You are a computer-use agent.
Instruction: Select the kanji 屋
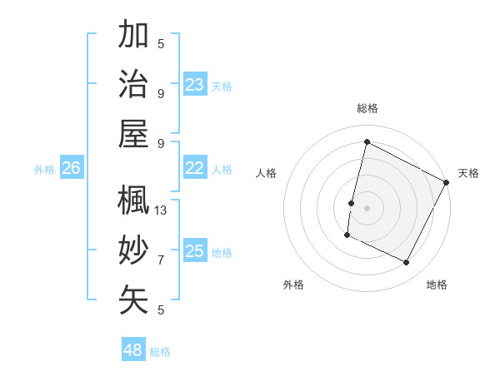tap(133, 133)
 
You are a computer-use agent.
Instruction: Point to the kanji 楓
tap(133, 200)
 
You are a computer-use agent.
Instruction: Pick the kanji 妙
tap(133, 250)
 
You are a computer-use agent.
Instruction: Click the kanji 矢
tap(133, 299)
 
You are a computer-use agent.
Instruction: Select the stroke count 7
tap(161, 260)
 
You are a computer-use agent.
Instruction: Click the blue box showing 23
tap(195, 84)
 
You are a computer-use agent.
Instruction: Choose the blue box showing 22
tap(195, 168)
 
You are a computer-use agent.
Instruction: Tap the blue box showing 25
tap(195, 251)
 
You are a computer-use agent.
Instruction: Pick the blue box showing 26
tap(71, 168)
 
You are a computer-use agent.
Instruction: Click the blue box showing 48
tap(133, 349)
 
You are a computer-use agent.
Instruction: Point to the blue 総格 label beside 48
tap(160, 352)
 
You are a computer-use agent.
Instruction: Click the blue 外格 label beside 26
tap(44, 170)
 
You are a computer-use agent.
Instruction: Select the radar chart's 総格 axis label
tap(367, 108)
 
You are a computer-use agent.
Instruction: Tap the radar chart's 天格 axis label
tap(468, 173)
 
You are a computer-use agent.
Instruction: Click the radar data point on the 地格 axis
tap(407, 263)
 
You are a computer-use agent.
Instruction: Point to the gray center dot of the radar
tap(367, 208)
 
